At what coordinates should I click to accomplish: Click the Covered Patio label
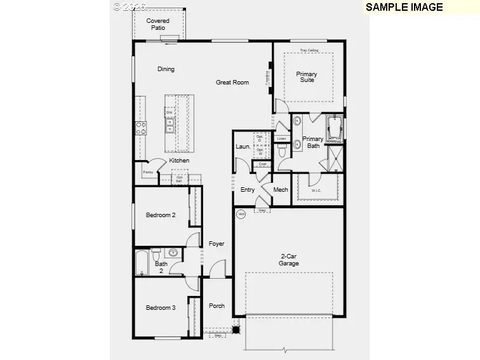(x=158, y=24)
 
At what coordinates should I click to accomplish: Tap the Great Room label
(x=232, y=82)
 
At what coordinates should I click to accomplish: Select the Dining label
(x=166, y=69)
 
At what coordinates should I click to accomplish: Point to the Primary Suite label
(x=307, y=77)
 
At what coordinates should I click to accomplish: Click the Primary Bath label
(x=312, y=142)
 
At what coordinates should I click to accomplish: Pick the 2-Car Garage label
(x=289, y=260)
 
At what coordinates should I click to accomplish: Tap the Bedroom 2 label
(x=161, y=215)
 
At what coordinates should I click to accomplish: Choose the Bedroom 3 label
(x=161, y=307)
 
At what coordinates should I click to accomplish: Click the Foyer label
(x=217, y=243)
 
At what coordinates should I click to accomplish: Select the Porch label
(x=217, y=305)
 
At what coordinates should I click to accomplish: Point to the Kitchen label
(x=179, y=161)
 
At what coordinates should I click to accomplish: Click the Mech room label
(x=281, y=190)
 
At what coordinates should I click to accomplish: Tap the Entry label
(x=248, y=190)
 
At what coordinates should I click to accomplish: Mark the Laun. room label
(x=243, y=147)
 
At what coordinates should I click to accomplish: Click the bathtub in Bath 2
(x=142, y=263)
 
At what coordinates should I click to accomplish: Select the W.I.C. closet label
(x=316, y=190)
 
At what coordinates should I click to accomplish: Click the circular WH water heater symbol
(x=241, y=215)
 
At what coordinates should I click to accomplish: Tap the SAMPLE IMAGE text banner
(x=404, y=7)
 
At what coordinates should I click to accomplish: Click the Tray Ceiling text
(x=309, y=50)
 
